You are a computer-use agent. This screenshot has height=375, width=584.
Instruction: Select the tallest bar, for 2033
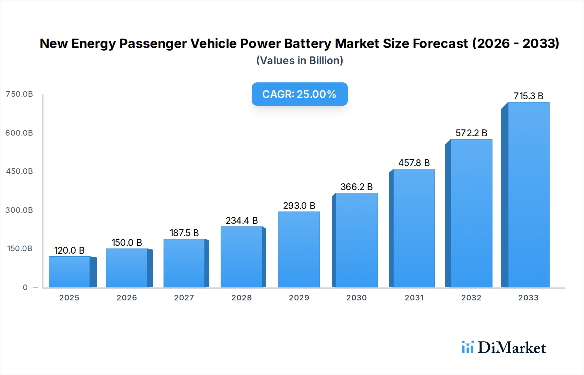pos(528,195)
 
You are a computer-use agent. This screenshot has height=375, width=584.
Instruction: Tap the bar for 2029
pos(299,249)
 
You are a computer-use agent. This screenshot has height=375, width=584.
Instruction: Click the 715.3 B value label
pos(528,96)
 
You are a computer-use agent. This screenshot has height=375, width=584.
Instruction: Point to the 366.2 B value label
pos(356,187)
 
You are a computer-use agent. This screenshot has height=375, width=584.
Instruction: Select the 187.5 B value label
pos(184,233)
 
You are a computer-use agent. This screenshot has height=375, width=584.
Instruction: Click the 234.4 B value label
pos(242,221)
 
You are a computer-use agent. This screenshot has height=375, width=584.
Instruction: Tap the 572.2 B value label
pos(471,133)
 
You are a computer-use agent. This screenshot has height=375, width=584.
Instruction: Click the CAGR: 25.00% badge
pos(299,94)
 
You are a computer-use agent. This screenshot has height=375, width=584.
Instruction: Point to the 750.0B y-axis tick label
pos(19,94)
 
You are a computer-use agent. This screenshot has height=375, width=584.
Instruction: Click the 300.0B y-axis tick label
pos(19,210)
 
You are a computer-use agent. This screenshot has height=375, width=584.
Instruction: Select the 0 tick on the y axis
pos(25,287)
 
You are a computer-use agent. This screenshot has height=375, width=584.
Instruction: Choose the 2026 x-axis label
pos(127,298)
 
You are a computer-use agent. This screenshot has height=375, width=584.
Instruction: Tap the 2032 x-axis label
pos(471,298)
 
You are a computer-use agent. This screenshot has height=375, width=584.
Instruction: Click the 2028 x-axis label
pos(241,298)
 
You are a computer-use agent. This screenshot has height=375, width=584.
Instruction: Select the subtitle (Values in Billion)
pos(299,61)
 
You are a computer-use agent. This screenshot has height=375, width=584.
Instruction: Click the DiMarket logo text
pos(512,348)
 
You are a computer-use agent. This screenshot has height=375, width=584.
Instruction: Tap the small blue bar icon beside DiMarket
pos(468,347)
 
